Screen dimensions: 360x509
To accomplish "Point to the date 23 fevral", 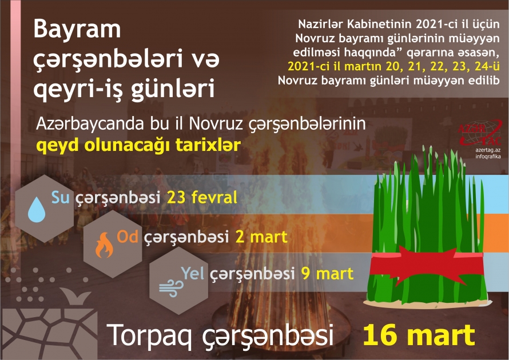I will [202, 199].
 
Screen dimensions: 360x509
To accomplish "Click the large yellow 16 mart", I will [419, 335].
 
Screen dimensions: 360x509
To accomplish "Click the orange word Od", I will [128, 235].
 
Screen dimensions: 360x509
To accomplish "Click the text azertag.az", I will [486, 149].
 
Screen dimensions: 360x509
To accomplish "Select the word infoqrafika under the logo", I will [486, 156].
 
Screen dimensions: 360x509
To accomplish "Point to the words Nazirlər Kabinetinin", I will [355, 25].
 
